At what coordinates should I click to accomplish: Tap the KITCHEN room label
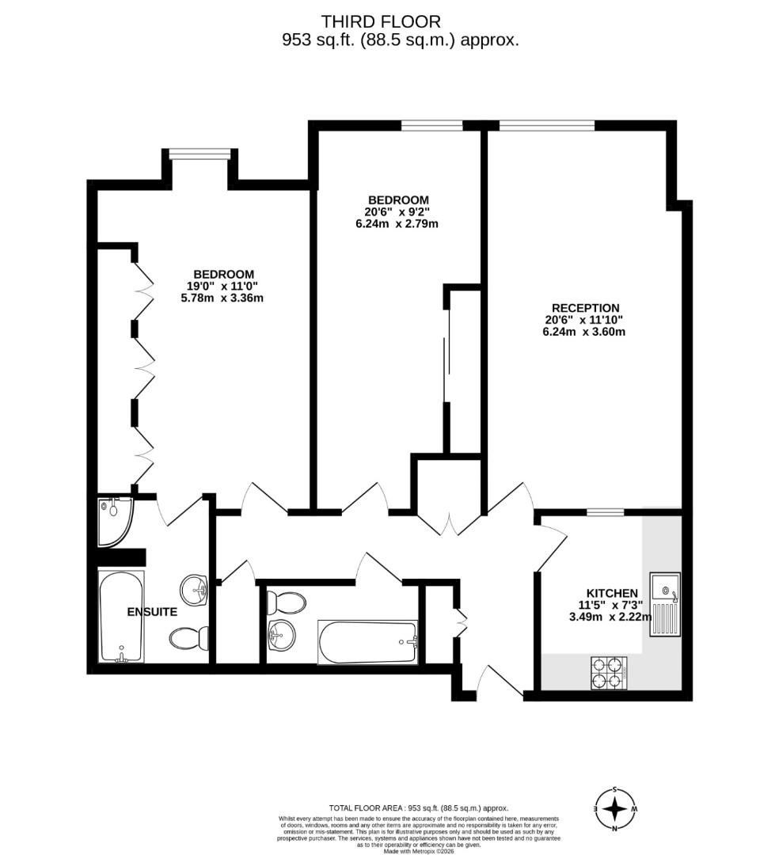point(611,593)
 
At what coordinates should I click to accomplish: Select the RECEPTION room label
point(585,308)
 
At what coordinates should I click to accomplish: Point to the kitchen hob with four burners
point(610,673)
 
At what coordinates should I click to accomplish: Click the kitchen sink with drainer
point(663,603)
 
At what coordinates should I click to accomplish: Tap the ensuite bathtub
point(121,616)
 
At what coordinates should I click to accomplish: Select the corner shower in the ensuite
point(114,522)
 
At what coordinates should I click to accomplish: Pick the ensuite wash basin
point(195,588)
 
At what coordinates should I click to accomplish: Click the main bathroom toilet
point(286,604)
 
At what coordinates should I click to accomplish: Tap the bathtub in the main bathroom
point(368,641)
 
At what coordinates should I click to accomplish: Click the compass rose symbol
point(615,809)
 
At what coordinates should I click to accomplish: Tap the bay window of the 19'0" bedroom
point(199,154)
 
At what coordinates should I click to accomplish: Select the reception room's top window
point(546,125)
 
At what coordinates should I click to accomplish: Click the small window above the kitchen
point(605,512)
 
